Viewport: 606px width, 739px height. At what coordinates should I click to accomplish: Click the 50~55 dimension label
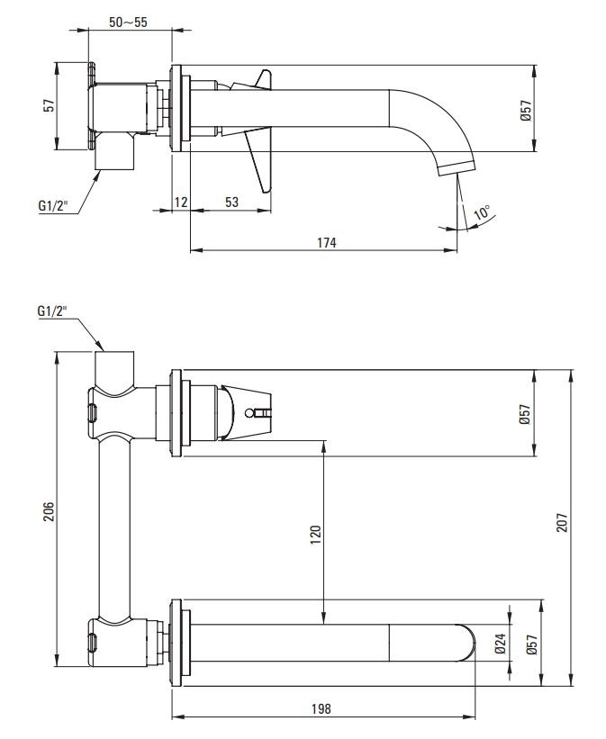(128, 22)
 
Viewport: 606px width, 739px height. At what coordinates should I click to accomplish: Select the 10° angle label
(483, 214)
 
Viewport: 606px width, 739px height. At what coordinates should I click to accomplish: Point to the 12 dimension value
(181, 203)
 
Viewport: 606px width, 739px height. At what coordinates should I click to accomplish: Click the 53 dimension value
(231, 203)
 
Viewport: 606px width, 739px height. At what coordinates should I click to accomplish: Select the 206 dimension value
(50, 510)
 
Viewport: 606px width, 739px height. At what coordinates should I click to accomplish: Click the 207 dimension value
(562, 521)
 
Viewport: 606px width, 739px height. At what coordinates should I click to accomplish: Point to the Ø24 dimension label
(502, 644)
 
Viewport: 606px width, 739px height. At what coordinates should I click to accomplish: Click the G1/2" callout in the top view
(52, 205)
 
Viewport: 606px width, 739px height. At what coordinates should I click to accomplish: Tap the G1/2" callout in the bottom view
(52, 311)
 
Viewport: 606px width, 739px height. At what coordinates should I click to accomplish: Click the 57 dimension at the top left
(50, 104)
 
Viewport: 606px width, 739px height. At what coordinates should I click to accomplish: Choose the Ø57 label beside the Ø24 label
(532, 644)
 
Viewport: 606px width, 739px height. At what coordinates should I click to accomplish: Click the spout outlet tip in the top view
(457, 167)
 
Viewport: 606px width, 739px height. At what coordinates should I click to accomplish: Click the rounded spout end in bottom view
(469, 644)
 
